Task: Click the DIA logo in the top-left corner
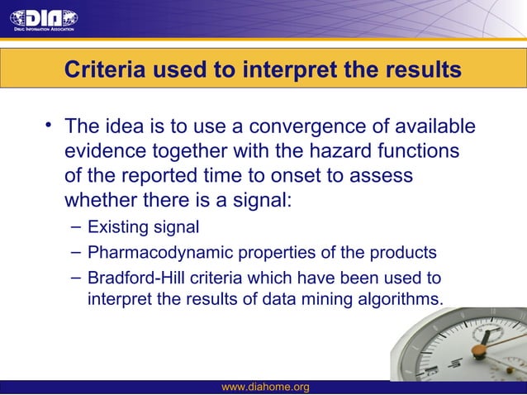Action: click(x=44, y=19)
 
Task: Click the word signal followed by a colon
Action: click(x=255, y=202)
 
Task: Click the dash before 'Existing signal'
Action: click(x=75, y=226)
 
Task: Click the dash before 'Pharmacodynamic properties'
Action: click(x=75, y=252)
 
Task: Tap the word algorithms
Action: click(x=402, y=298)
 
